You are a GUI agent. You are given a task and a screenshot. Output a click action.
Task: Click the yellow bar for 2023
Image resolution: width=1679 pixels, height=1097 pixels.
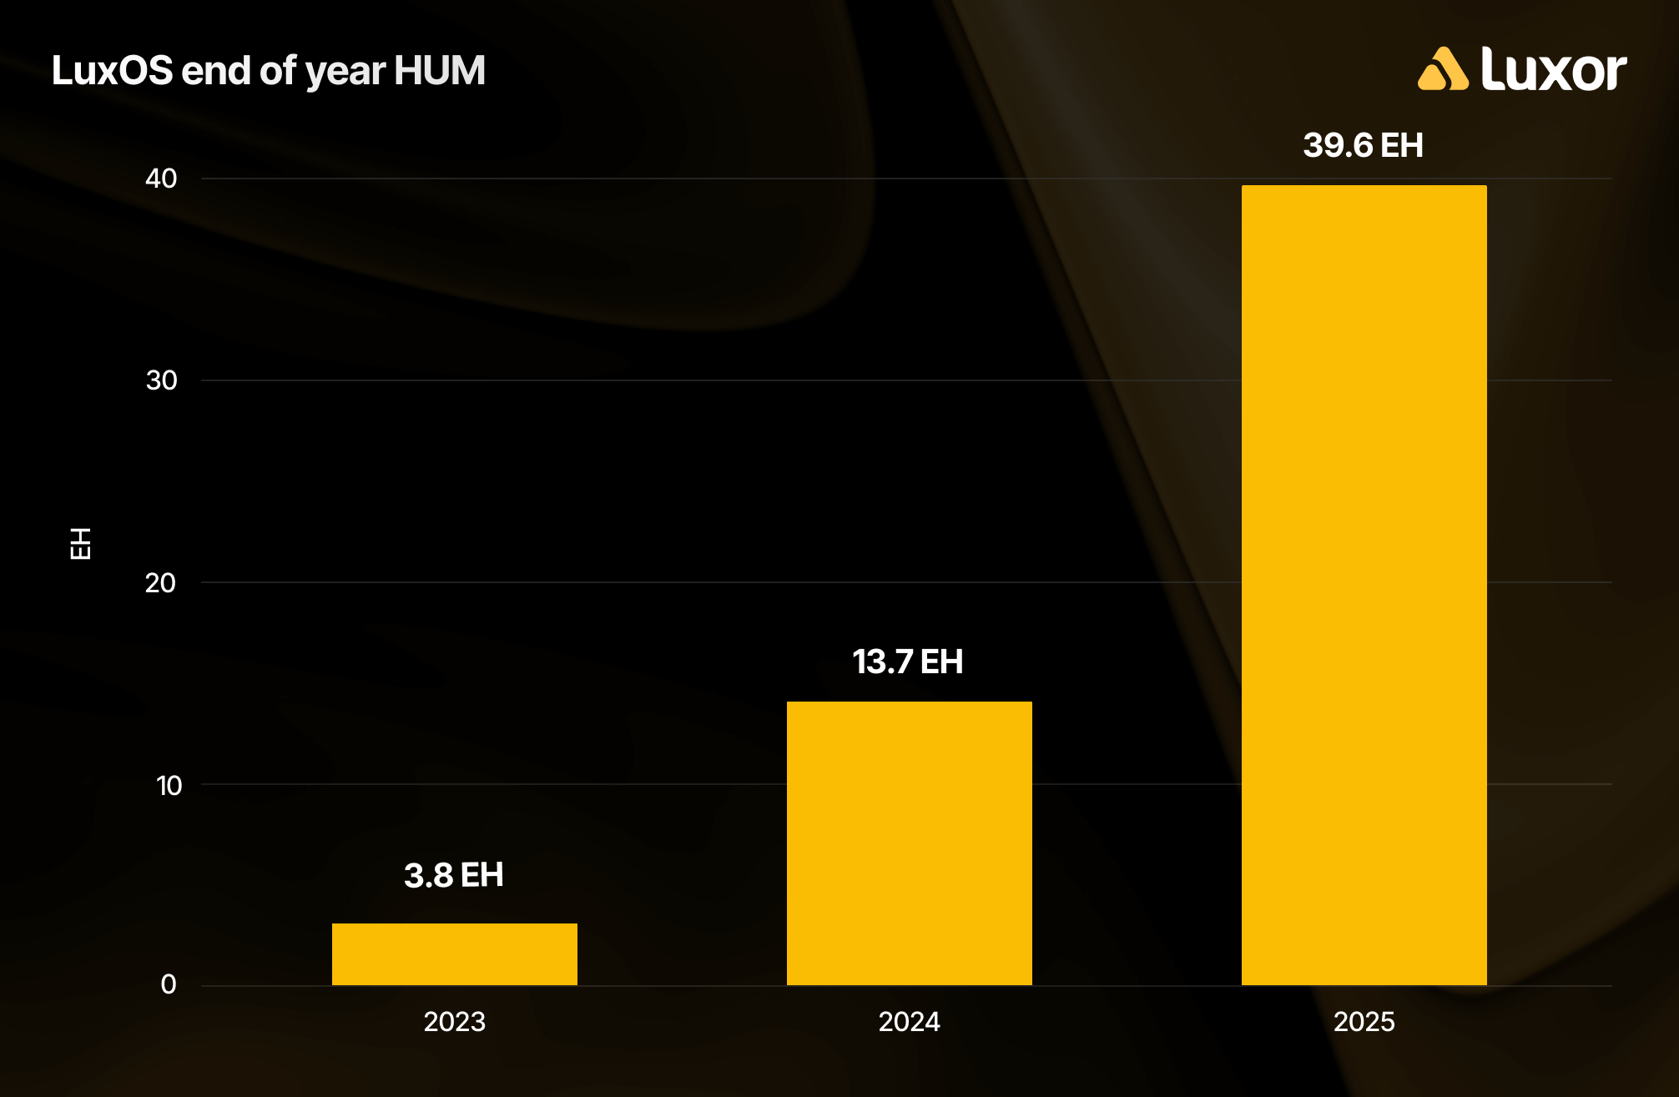(x=455, y=954)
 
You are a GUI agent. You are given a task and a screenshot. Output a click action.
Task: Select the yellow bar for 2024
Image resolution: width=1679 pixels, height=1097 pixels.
(x=909, y=843)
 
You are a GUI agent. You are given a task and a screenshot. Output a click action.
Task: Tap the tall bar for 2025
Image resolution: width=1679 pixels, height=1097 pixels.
(x=1364, y=584)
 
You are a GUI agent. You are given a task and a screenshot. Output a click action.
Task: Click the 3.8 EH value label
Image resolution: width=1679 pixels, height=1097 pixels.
(x=454, y=875)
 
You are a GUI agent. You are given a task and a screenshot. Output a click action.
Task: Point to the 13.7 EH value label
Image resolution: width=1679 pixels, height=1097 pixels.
(x=908, y=662)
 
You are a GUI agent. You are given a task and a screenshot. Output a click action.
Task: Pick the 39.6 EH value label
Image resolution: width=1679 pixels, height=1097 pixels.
(x=1363, y=145)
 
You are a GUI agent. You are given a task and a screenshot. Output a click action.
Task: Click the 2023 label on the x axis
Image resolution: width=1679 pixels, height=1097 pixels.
(x=455, y=1021)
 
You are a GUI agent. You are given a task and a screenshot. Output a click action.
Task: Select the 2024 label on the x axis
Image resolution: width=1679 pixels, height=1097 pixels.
(x=909, y=1021)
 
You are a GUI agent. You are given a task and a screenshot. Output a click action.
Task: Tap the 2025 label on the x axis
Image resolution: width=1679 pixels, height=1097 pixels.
(x=1364, y=1021)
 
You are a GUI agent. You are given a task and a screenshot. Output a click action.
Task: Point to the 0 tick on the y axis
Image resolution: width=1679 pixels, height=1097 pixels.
(x=169, y=984)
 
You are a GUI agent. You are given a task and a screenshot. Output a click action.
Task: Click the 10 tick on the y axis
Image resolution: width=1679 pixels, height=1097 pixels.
(x=169, y=785)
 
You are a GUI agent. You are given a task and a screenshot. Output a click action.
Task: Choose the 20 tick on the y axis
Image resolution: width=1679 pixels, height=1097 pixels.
(x=160, y=582)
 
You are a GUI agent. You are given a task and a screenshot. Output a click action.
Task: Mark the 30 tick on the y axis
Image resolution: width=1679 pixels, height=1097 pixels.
(x=161, y=380)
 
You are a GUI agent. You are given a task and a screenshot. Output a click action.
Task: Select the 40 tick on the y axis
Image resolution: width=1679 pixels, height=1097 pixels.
(x=161, y=178)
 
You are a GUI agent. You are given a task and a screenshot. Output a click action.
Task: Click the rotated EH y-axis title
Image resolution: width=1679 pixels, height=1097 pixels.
(x=80, y=543)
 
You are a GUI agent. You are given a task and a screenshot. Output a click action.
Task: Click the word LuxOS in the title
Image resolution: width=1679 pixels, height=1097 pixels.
(x=112, y=70)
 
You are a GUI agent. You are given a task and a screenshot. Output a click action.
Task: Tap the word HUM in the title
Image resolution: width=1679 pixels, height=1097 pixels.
(x=440, y=70)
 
